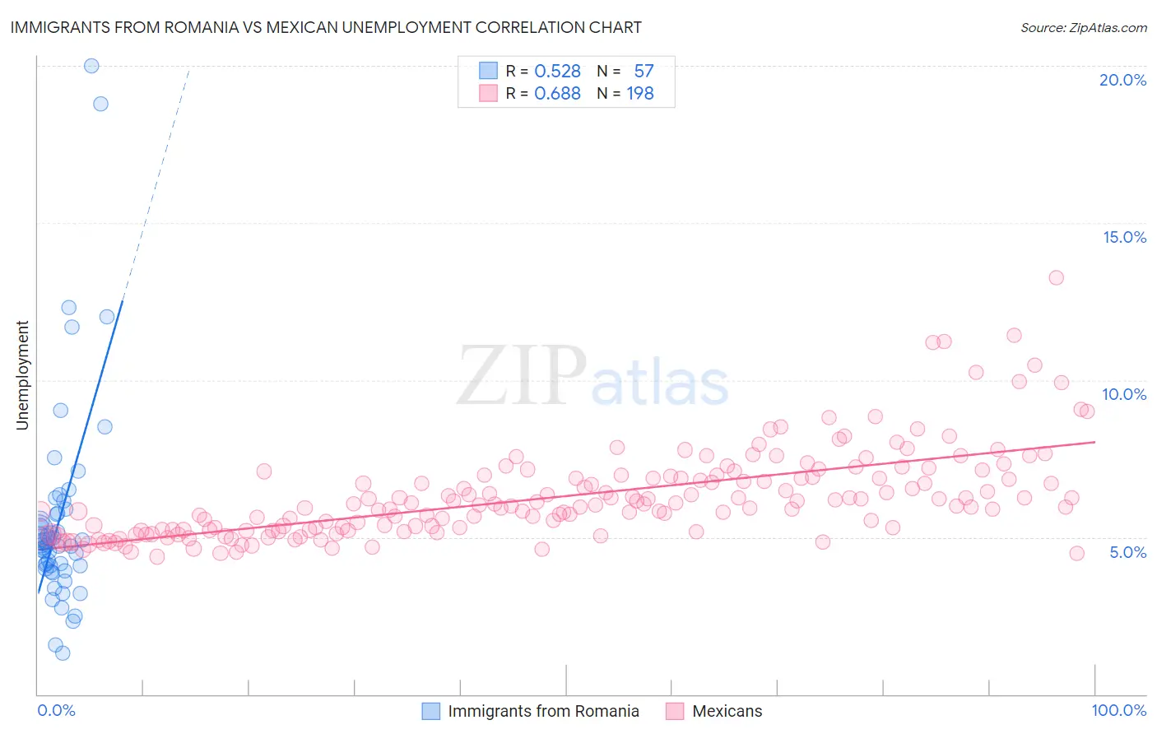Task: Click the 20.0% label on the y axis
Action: (1122, 80)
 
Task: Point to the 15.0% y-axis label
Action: (1124, 237)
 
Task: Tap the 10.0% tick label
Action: (1124, 394)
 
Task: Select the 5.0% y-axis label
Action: (1127, 552)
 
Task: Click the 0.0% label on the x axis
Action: (56, 710)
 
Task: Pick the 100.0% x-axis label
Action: (1118, 710)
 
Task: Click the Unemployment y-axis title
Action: (22, 375)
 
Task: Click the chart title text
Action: (326, 27)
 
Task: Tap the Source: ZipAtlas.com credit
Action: (1083, 27)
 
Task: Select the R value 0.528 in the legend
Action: (557, 71)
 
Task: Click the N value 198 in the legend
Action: (640, 93)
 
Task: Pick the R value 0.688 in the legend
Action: (557, 93)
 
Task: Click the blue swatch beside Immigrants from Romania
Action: (431, 711)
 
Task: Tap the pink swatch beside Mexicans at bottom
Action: (675, 711)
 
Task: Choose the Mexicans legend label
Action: (727, 711)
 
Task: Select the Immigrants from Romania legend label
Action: (543, 711)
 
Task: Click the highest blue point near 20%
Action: (91, 66)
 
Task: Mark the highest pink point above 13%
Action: (1056, 277)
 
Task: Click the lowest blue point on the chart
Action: (63, 653)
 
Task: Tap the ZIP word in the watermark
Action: (522, 376)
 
